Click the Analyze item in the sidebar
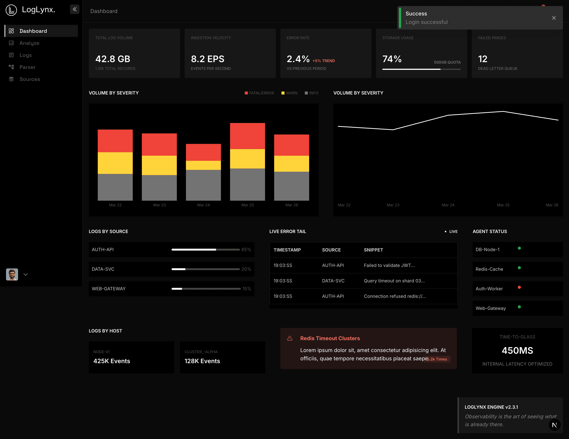click(29, 43)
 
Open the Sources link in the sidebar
click(29, 79)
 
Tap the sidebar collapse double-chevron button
click(75, 9)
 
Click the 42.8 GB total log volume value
click(113, 59)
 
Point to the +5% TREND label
click(324, 61)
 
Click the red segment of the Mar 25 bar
click(247, 136)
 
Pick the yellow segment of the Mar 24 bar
click(203, 165)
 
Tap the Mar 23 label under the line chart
click(393, 205)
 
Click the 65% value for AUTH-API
click(246, 249)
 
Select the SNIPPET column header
click(373, 250)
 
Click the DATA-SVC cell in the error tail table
click(333, 281)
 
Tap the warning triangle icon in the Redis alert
click(290, 338)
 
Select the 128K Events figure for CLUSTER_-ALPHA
click(202, 361)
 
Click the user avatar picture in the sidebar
click(12, 274)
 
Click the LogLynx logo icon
click(11, 10)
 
